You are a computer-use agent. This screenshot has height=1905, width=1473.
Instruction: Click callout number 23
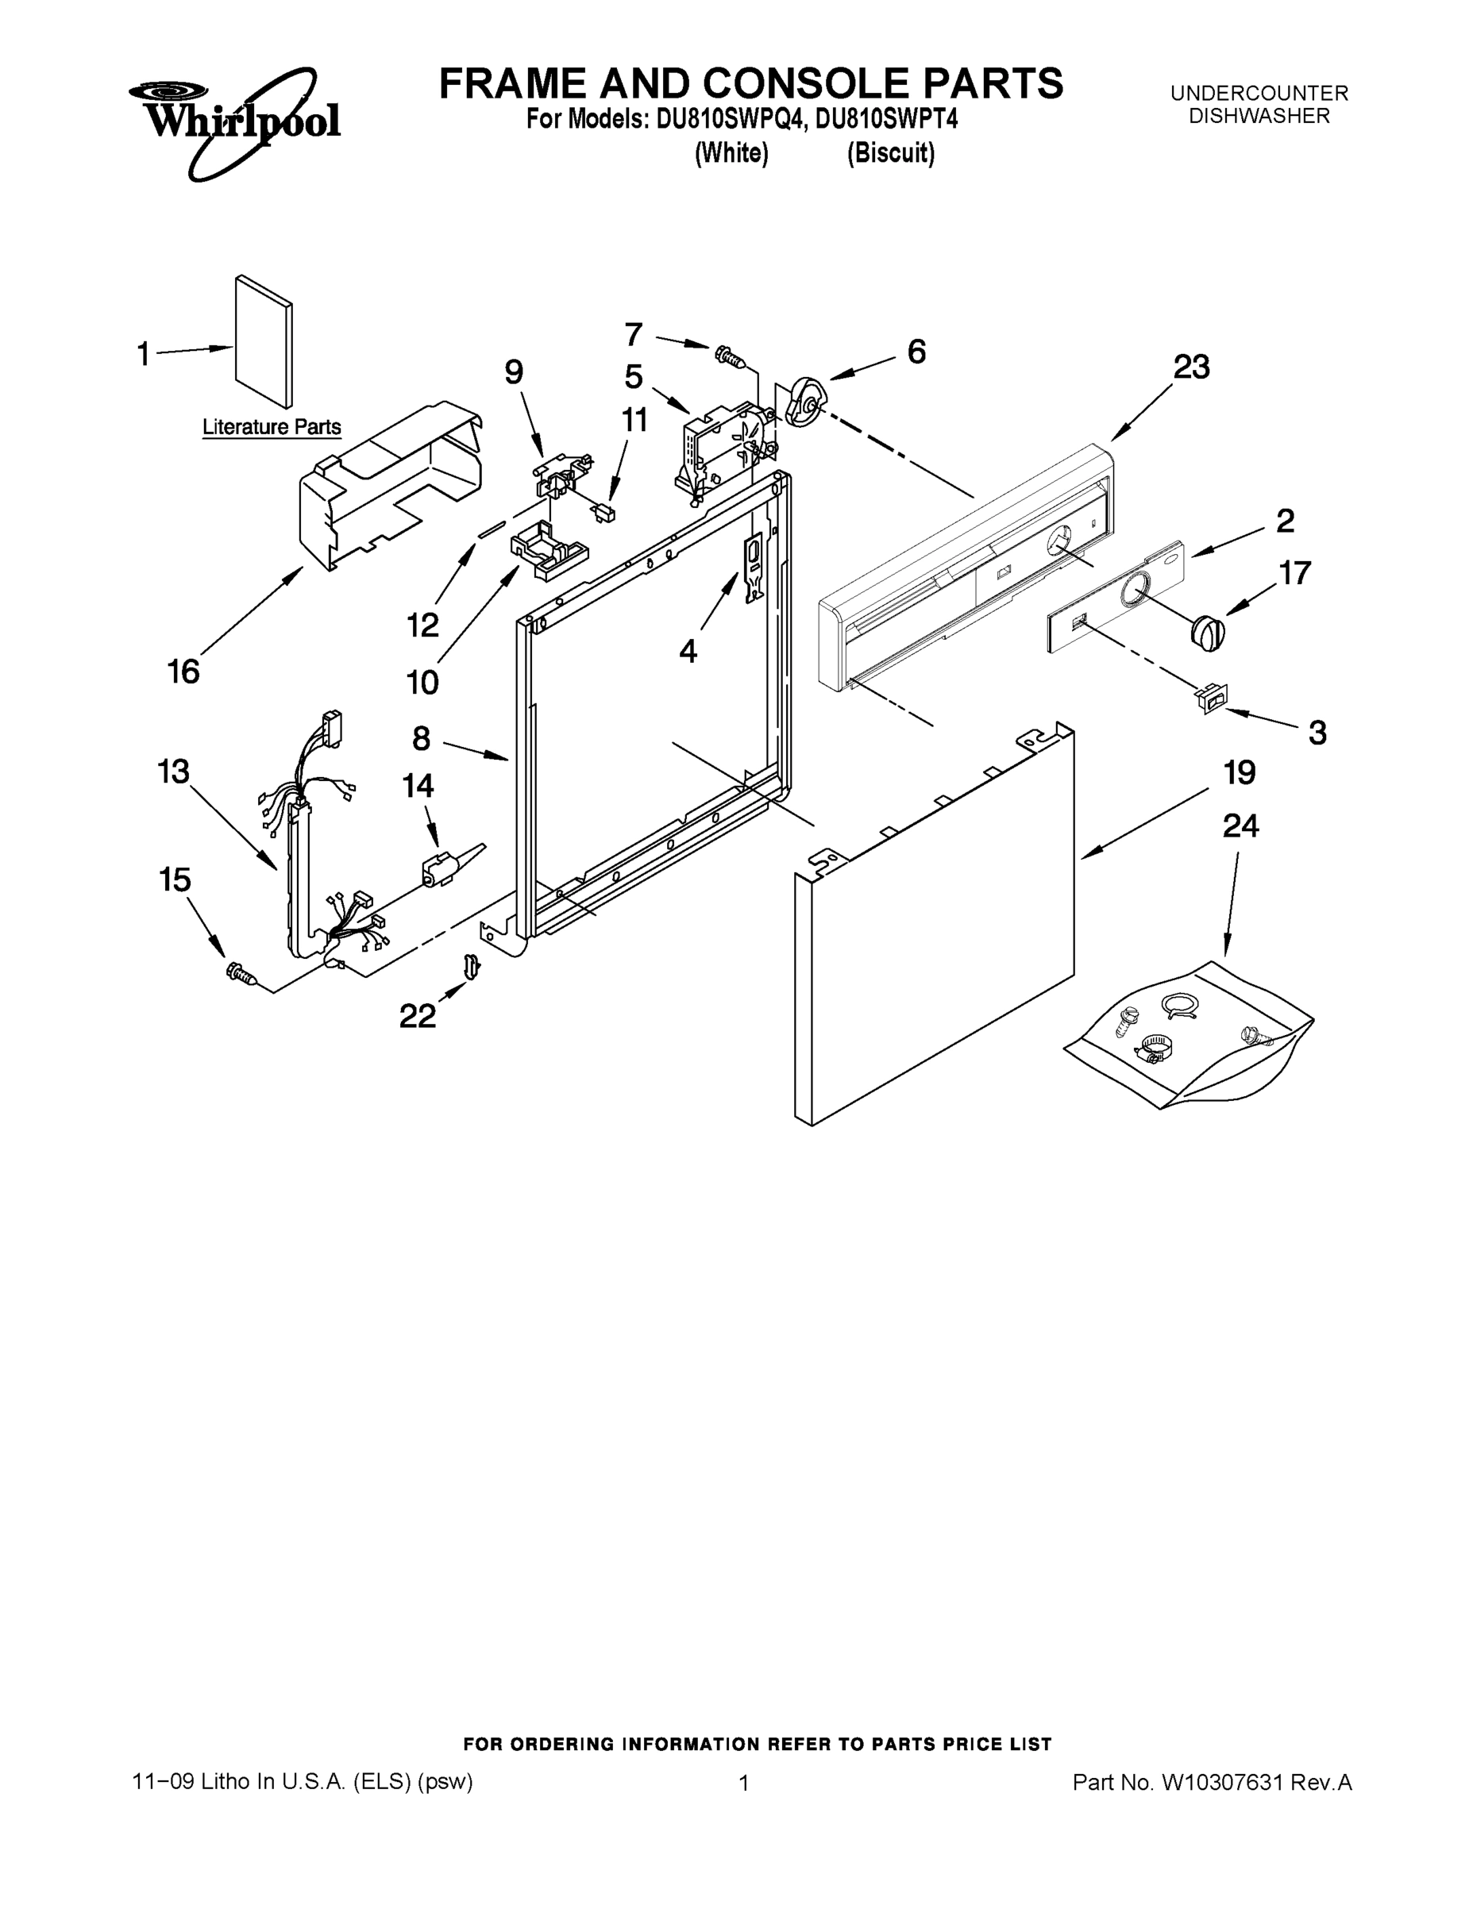tap(1190, 368)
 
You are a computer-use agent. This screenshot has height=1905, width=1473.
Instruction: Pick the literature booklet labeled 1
tap(264, 341)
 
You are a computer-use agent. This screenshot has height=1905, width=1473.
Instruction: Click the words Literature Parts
tap(272, 427)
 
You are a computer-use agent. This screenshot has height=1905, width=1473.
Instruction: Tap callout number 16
tap(183, 672)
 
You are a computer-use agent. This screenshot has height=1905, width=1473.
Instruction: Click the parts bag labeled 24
tap(1191, 1036)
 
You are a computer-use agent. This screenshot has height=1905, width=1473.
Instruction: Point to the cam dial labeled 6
tap(804, 402)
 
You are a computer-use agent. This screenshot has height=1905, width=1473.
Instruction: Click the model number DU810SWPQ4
tap(730, 120)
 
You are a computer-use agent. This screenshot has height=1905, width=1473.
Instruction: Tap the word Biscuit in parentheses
tap(891, 153)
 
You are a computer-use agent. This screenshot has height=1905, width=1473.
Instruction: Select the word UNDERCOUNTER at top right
tap(1259, 92)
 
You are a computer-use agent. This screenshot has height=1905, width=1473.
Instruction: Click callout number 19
tap(1239, 773)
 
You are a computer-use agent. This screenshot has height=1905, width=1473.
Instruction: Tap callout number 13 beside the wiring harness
tap(173, 772)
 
